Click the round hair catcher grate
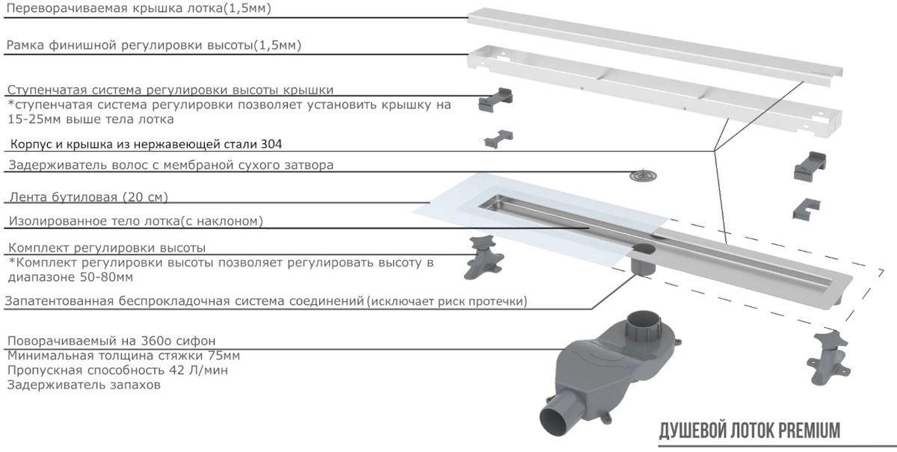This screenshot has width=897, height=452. pos(643,176)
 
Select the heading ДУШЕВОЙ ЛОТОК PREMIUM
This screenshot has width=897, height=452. pos(749,431)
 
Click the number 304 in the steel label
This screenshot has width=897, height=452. pos(271,144)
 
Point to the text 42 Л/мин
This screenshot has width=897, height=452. pos(198,371)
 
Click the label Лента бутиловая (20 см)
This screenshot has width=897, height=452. pos(88,197)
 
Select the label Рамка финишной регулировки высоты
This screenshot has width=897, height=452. pos(130,46)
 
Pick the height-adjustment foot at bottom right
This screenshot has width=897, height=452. pos(827,359)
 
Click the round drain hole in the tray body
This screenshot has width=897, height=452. pos(644,249)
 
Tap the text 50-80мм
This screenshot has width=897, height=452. pos(106,277)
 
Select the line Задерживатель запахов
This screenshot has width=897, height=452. pos(84,386)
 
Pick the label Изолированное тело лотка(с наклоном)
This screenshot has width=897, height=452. pos(136,221)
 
